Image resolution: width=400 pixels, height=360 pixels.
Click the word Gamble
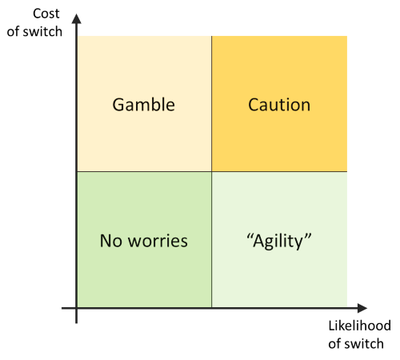[144, 105]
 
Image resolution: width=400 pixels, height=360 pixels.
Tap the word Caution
[279, 105]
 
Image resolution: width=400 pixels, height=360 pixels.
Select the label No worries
[144, 241]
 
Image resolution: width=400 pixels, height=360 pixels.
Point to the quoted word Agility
[279, 242]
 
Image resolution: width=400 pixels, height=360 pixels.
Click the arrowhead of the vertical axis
[77, 19]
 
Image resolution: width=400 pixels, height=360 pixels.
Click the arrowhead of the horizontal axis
[362, 308]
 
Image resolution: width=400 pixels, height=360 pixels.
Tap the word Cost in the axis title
[46, 14]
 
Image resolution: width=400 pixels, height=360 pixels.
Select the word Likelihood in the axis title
[359, 326]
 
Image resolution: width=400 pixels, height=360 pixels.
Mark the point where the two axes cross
[77, 308]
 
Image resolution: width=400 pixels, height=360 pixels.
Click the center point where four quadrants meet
[212, 171]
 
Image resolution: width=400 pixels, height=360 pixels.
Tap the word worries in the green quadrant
[158, 242]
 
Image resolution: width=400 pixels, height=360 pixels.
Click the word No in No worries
[111, 241]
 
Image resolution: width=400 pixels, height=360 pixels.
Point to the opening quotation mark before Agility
[250, 236]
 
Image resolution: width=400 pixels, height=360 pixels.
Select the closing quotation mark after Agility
[308, 236]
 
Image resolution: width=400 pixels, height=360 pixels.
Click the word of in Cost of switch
[14, 31]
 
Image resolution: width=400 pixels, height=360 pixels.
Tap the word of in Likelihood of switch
[334, 343]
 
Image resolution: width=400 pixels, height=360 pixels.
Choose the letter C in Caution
[254, 105]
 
